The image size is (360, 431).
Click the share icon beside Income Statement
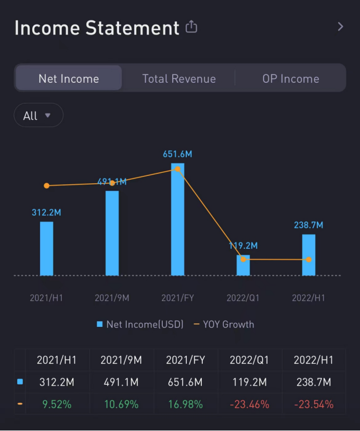[x=191, y=27]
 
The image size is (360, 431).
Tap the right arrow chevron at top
[x=341, y=27]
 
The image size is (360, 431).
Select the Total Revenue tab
[x=179, y=79]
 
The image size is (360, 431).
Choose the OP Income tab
[x=290, y=79]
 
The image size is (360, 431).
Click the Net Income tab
[x=69, y=79]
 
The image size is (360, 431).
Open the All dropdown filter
[x=38, y=116]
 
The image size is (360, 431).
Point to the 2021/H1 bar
[x=47, y=249]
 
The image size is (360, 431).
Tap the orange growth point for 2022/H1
[x=308, y=259]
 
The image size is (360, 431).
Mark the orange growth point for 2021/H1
[x=47, y=185]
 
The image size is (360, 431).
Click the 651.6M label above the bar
[x=177, y=154]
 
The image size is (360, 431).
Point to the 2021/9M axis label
[x=112, y=298]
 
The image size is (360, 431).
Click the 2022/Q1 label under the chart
[x=243, y=298]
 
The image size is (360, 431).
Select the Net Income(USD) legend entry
[x=140, y=324]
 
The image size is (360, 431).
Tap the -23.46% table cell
[x=250, y=404]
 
